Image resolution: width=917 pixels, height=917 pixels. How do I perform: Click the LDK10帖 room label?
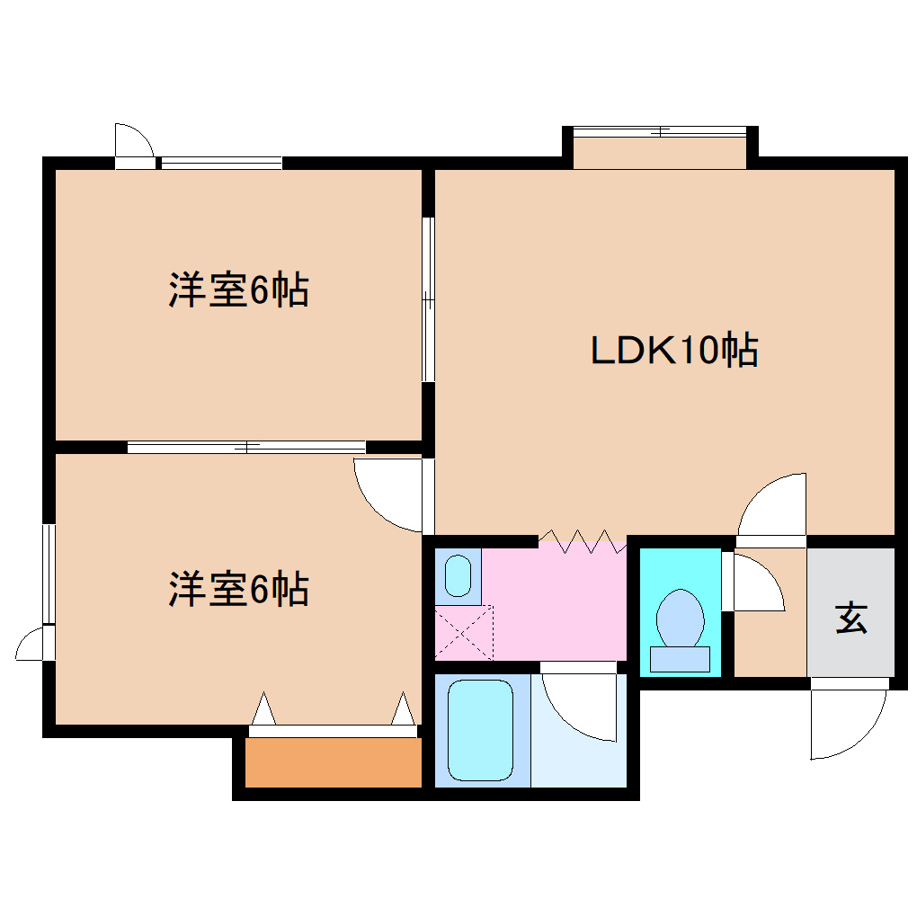pyautogui.click(x=674, y=350)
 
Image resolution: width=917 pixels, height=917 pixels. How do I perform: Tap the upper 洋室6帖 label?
pyautogui.click(x=238, y=290)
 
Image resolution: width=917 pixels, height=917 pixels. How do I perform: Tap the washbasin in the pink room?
pyautogui.click(x=458, y=575)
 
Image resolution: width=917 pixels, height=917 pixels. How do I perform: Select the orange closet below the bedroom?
pyautogui.click(x=333, y=762)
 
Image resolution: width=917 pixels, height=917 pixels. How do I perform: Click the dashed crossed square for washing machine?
pyautogui.click(x=464, y=632)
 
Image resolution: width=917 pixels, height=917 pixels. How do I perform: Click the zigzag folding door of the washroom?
pyautogui.click(x=583, y=542)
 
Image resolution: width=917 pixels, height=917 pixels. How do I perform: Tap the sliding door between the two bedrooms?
pyautogui.click(x=246, y=447)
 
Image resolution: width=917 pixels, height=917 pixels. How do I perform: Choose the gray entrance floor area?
pyautogui.click(x=850, y=611)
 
